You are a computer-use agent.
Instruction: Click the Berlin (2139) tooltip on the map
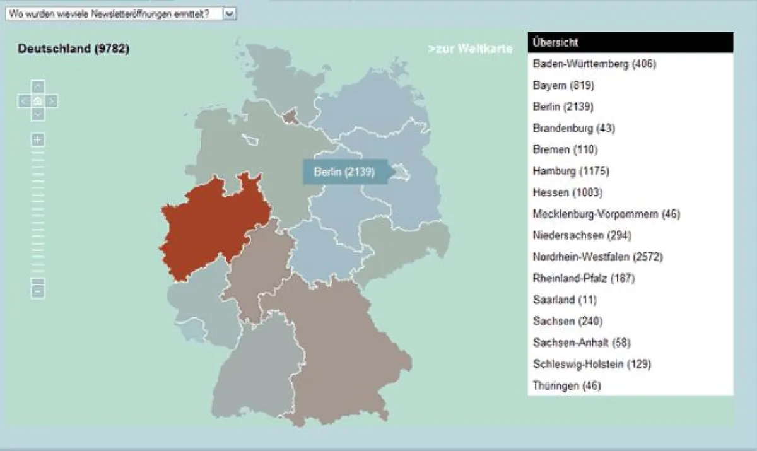[344, 172]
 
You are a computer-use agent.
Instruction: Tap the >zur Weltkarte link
[470, 49]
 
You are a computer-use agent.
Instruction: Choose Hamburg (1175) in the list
[571, 171]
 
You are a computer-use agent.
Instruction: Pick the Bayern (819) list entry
[563, 85]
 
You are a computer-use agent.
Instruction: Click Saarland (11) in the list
[565, 300]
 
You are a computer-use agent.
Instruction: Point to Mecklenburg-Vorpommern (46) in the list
[606, 214]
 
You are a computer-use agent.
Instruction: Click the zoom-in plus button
[38, 140]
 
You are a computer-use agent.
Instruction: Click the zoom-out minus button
[38, 291]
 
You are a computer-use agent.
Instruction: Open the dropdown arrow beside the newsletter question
[229, 13]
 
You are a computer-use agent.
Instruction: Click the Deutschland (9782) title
[74, 49]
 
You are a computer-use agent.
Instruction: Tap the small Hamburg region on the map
[290, 116]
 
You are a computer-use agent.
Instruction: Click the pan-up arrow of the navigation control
[38, 86]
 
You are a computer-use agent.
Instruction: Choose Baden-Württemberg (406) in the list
[594, 64]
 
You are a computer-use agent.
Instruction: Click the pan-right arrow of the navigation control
[52, 100]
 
